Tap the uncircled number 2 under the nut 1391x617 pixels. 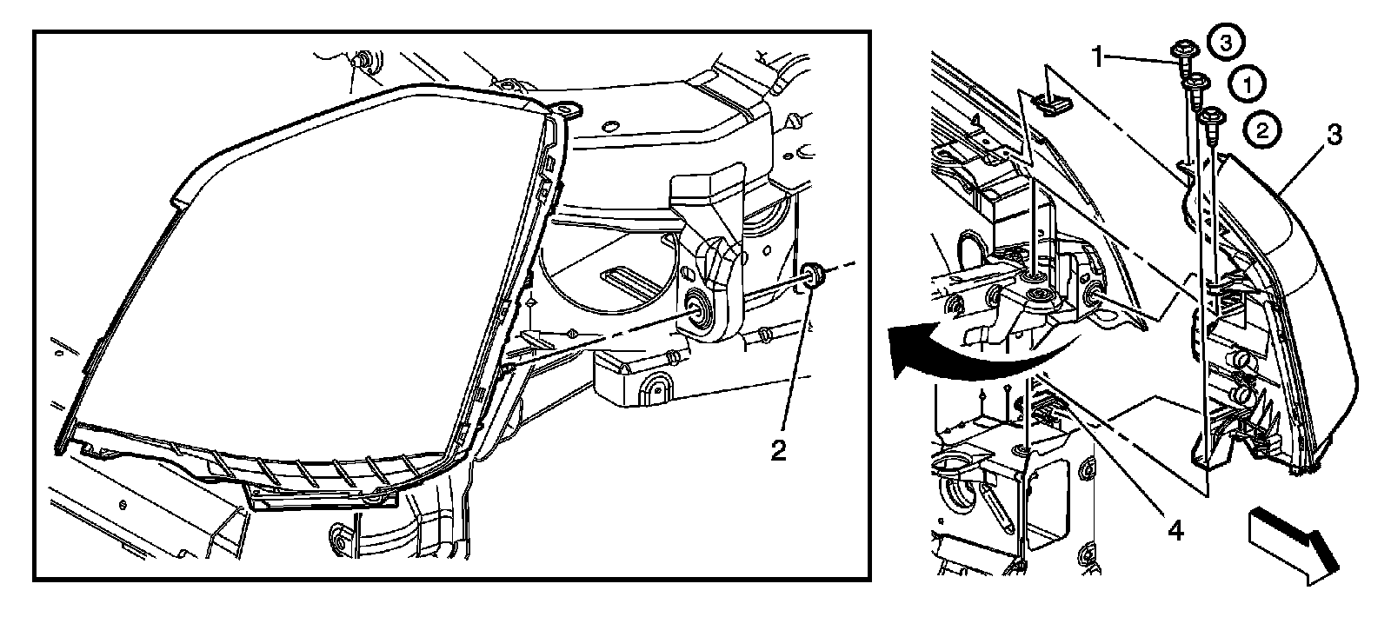coord(778,449)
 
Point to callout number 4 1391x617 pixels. coord(1175,528)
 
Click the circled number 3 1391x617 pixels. coord(1224,43)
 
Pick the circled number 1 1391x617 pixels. coord(1248,84)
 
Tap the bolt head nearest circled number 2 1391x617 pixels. coord(1209,113)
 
